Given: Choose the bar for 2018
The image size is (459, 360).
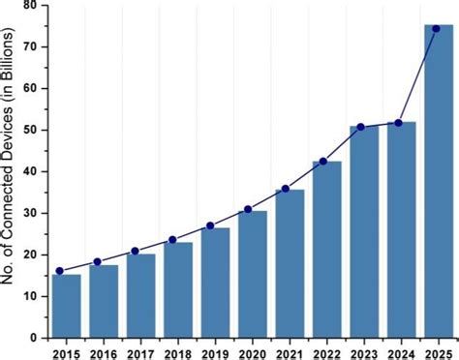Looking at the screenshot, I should pos(177,289).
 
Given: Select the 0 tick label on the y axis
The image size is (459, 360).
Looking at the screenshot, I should pos(35,338).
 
